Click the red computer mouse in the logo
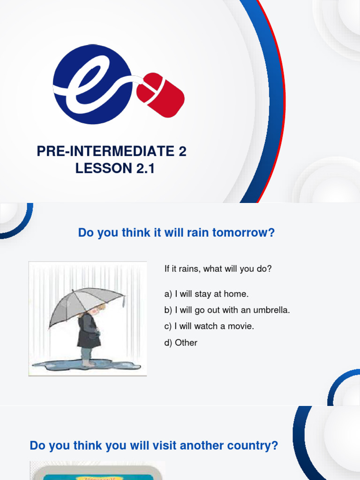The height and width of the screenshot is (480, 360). (161, 94)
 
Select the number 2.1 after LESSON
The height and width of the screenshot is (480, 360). (145, 168)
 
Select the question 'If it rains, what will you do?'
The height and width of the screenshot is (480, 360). (218, 269)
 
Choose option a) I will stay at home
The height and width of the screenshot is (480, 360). (206, 294)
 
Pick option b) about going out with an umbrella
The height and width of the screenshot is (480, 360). (227, 310)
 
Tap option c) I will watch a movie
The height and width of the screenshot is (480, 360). (209, 326)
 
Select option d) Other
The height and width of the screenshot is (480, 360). (181, 343)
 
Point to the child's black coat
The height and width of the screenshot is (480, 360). (89, 332)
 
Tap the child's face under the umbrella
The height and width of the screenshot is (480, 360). (95, 310)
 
